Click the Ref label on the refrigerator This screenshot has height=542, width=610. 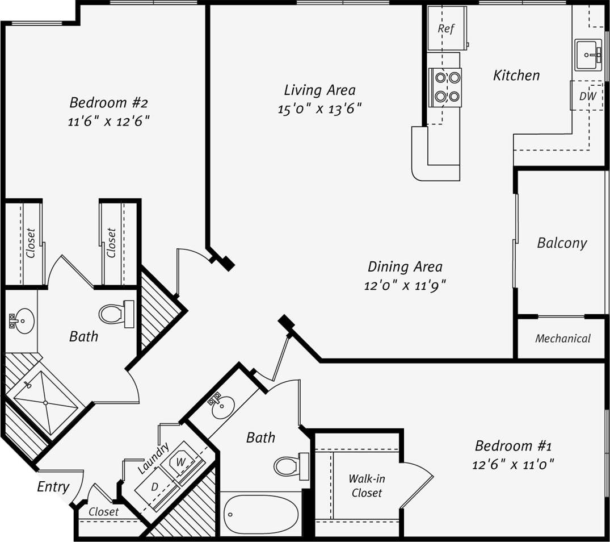(447, 29)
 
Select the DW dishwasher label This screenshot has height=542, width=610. (587, 96)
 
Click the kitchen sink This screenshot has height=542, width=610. (588, 55)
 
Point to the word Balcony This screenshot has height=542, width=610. (561, 243)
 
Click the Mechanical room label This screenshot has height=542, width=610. (562, 339)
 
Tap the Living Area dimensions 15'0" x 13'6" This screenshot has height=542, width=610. (319, 109)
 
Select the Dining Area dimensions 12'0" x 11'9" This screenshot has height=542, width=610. (405, 285)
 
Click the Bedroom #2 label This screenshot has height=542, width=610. (108, 103)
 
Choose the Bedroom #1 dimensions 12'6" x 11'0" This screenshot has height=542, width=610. (513, 464)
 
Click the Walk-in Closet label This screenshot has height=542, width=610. (366, 486)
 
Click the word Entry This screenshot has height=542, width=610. (53, 486)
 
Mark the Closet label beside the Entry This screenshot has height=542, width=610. (104, 511)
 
